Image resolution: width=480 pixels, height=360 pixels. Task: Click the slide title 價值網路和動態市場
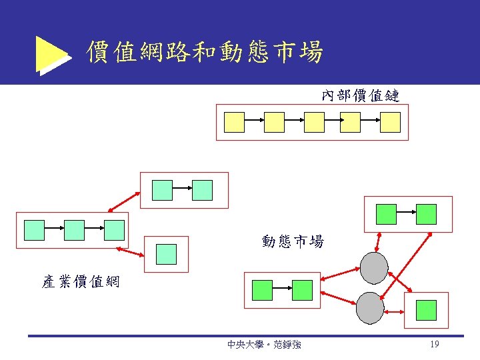[x=205, y=51]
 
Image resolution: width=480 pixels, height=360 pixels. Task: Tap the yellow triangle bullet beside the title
[x=52, y=54]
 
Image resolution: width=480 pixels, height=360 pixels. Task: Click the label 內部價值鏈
[x=360, y=96]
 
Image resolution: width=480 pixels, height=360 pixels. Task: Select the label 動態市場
[x=293, y=241]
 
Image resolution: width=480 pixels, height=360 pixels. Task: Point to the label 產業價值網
[x=80, y=282]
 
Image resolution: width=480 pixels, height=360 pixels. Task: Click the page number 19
[x=434, y=345]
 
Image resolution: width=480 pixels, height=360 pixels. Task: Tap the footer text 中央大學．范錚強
[x=264, y=345]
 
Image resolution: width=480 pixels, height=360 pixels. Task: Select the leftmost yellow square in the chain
[x=235, y=122]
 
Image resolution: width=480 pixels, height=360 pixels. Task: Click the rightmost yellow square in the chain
[x=390, y=122]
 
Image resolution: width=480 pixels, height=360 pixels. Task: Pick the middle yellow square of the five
[x=314, y=122]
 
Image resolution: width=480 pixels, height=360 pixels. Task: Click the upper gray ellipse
[x=375, y=267]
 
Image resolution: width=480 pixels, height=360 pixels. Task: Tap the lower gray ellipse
[x=371, y=308]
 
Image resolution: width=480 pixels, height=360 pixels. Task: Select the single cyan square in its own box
[x=166, y=254]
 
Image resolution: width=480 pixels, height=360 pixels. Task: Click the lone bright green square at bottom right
[x=426, y=310]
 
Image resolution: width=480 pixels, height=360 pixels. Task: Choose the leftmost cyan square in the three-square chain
[x=34, y=230]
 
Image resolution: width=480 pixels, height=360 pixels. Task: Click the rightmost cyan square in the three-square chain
[x=114, y=230]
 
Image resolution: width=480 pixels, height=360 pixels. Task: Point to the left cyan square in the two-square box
[x=162, y=191]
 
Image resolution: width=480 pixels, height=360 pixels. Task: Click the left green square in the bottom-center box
[x=263, y=290]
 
